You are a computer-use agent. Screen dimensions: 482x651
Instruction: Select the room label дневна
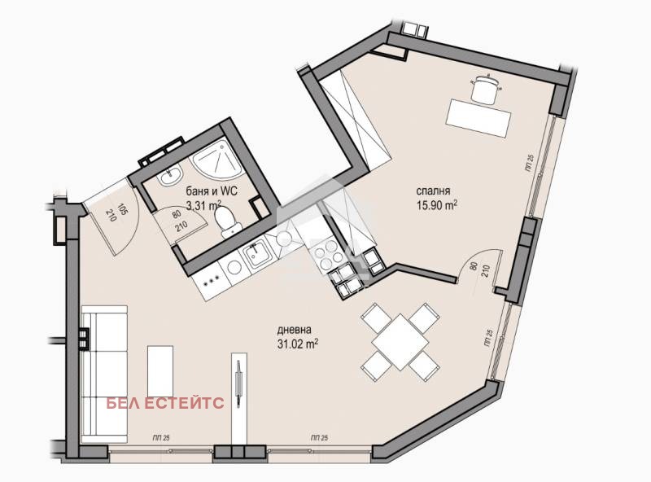click(x=295, y=331)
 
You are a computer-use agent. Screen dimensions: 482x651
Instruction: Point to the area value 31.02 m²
click(x=296, y=344)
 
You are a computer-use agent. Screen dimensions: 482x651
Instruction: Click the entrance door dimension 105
click(x=123, y=209)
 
